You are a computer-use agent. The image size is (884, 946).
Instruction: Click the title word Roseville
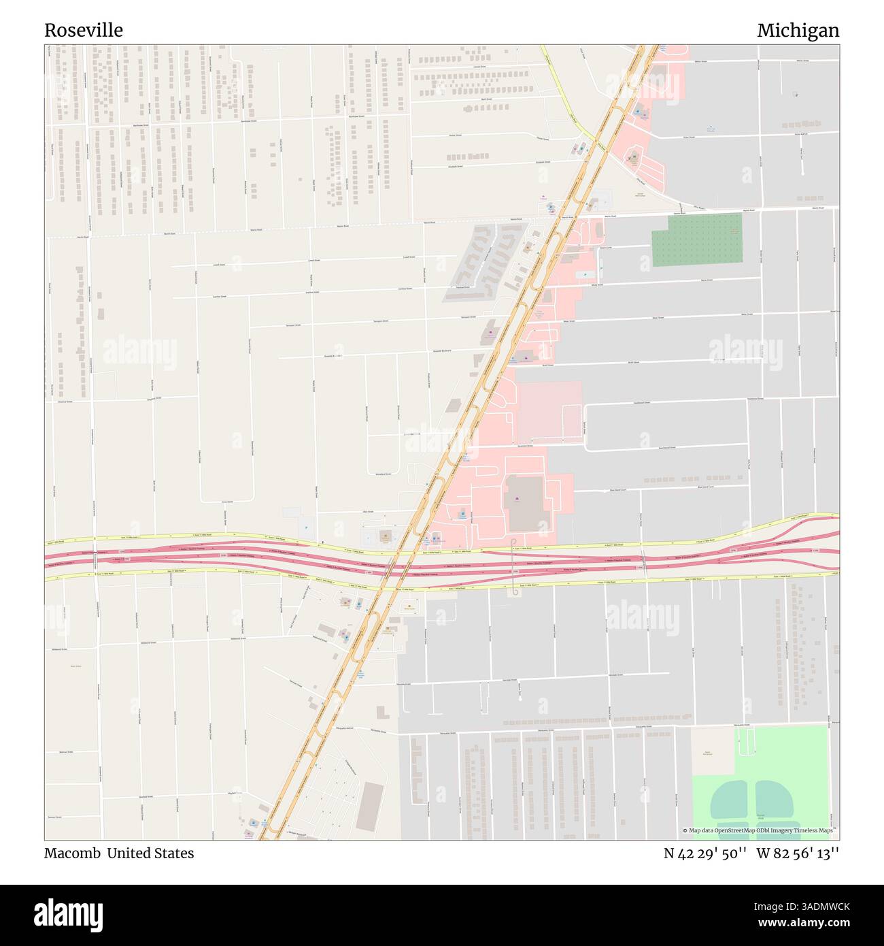click(x=84, y=30)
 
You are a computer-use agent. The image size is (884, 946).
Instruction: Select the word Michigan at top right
click(x=798, y=30)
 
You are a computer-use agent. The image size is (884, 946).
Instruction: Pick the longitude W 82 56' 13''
click(x=798, y=853)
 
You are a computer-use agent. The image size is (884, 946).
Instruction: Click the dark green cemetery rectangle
click(x=696, y=239)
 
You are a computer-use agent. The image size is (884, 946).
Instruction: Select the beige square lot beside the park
click(x=713, y=751)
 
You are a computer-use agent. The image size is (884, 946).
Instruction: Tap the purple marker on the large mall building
click(x=518, y=502)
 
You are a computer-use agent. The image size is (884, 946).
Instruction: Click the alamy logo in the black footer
click(x=68, y=914)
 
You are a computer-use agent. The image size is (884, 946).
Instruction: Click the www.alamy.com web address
click(x=802, y=923)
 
